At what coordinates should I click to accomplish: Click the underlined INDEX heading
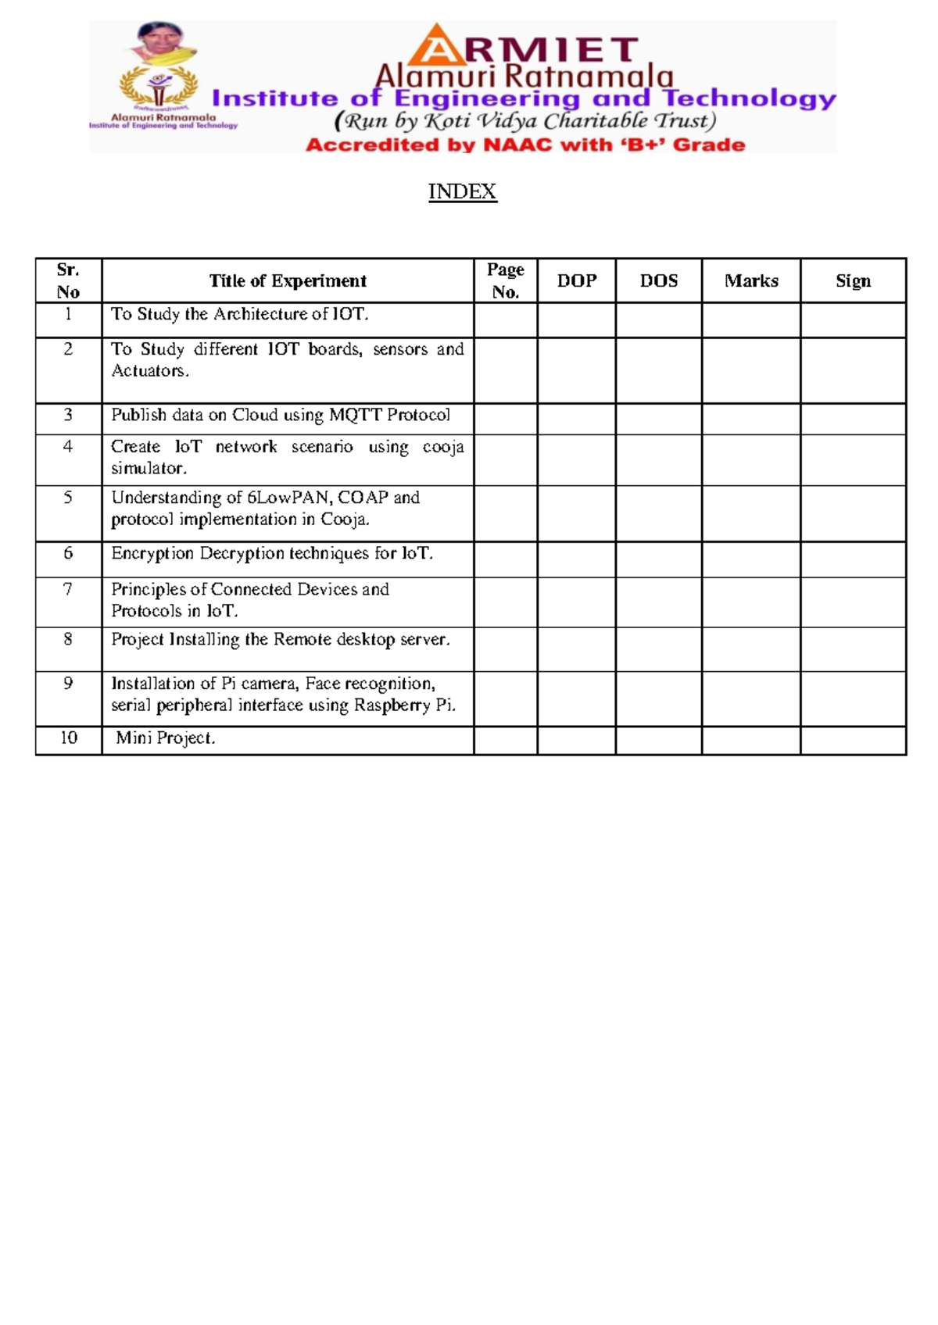point(462,191)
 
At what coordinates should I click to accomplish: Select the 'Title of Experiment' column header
point(288,281)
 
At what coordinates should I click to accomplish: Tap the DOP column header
point(577,281)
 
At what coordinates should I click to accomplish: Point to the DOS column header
point(659,281)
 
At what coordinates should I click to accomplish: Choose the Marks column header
point(751,281)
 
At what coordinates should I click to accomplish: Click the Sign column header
point(853,281)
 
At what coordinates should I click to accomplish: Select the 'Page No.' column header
point(506,281)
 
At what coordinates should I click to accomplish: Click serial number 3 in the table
point(68,415)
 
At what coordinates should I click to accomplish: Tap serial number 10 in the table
point(69,738)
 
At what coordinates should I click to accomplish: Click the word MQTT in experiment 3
point(356,415)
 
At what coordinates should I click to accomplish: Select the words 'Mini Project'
point(165,738)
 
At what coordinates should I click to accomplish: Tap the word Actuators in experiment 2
point(149,371)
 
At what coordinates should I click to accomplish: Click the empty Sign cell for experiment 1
point(853,320)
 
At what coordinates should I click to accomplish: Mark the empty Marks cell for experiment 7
point(751,602)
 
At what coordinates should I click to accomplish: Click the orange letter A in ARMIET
point(438,47)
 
